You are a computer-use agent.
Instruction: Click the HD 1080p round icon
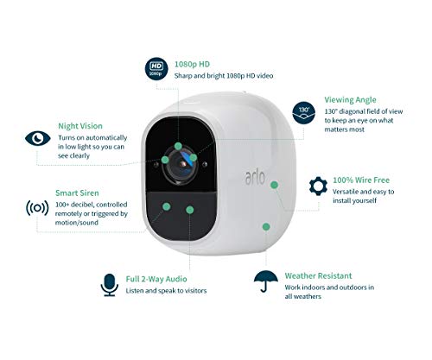pyautogui.click(x=156, y=69)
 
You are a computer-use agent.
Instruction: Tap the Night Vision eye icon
pyautogui.click(x=38, y=138)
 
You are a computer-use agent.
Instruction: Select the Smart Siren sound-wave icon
pyautogui.click(x=37, y=208)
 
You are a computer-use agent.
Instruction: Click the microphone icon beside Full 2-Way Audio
pyautogui.click(x=110, y=285)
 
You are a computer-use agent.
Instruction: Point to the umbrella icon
pyautogui.click(x=266, y=281)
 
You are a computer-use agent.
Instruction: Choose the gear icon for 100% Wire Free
pyautogui.click(x=318, y=186)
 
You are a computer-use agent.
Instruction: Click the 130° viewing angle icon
pyautogui.click(x=304, y=113)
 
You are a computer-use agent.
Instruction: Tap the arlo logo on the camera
pyautogui.click(x=255, y=178)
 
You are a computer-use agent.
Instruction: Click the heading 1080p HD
pyautogui.click(x=192, y=64)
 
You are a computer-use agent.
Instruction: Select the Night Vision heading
pyautogui.click(x=80, y=126)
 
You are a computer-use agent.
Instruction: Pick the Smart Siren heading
pyautogui.click(x=77, y=193)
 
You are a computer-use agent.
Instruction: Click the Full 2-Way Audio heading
pyautogui.click(x=156, y=279)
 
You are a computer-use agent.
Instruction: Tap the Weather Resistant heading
pyautogui.click(x=318, y=275)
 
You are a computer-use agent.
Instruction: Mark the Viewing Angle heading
pyautogui.click(x=350, y=99)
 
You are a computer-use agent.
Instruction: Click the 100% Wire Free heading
pyautogui.click(x=361, y=180)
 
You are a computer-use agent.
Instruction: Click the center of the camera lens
pyautogui.click(x=182, y=164)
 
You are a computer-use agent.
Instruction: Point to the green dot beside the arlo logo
pyautogui.click(x=275, y=185)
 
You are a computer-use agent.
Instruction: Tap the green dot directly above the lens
pyautogui.click(x=178, y=146)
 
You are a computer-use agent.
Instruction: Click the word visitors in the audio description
pyautogui.click(x=195, y=291)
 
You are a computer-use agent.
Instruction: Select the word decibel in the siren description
pyautogui.click(x=83, y=205)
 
